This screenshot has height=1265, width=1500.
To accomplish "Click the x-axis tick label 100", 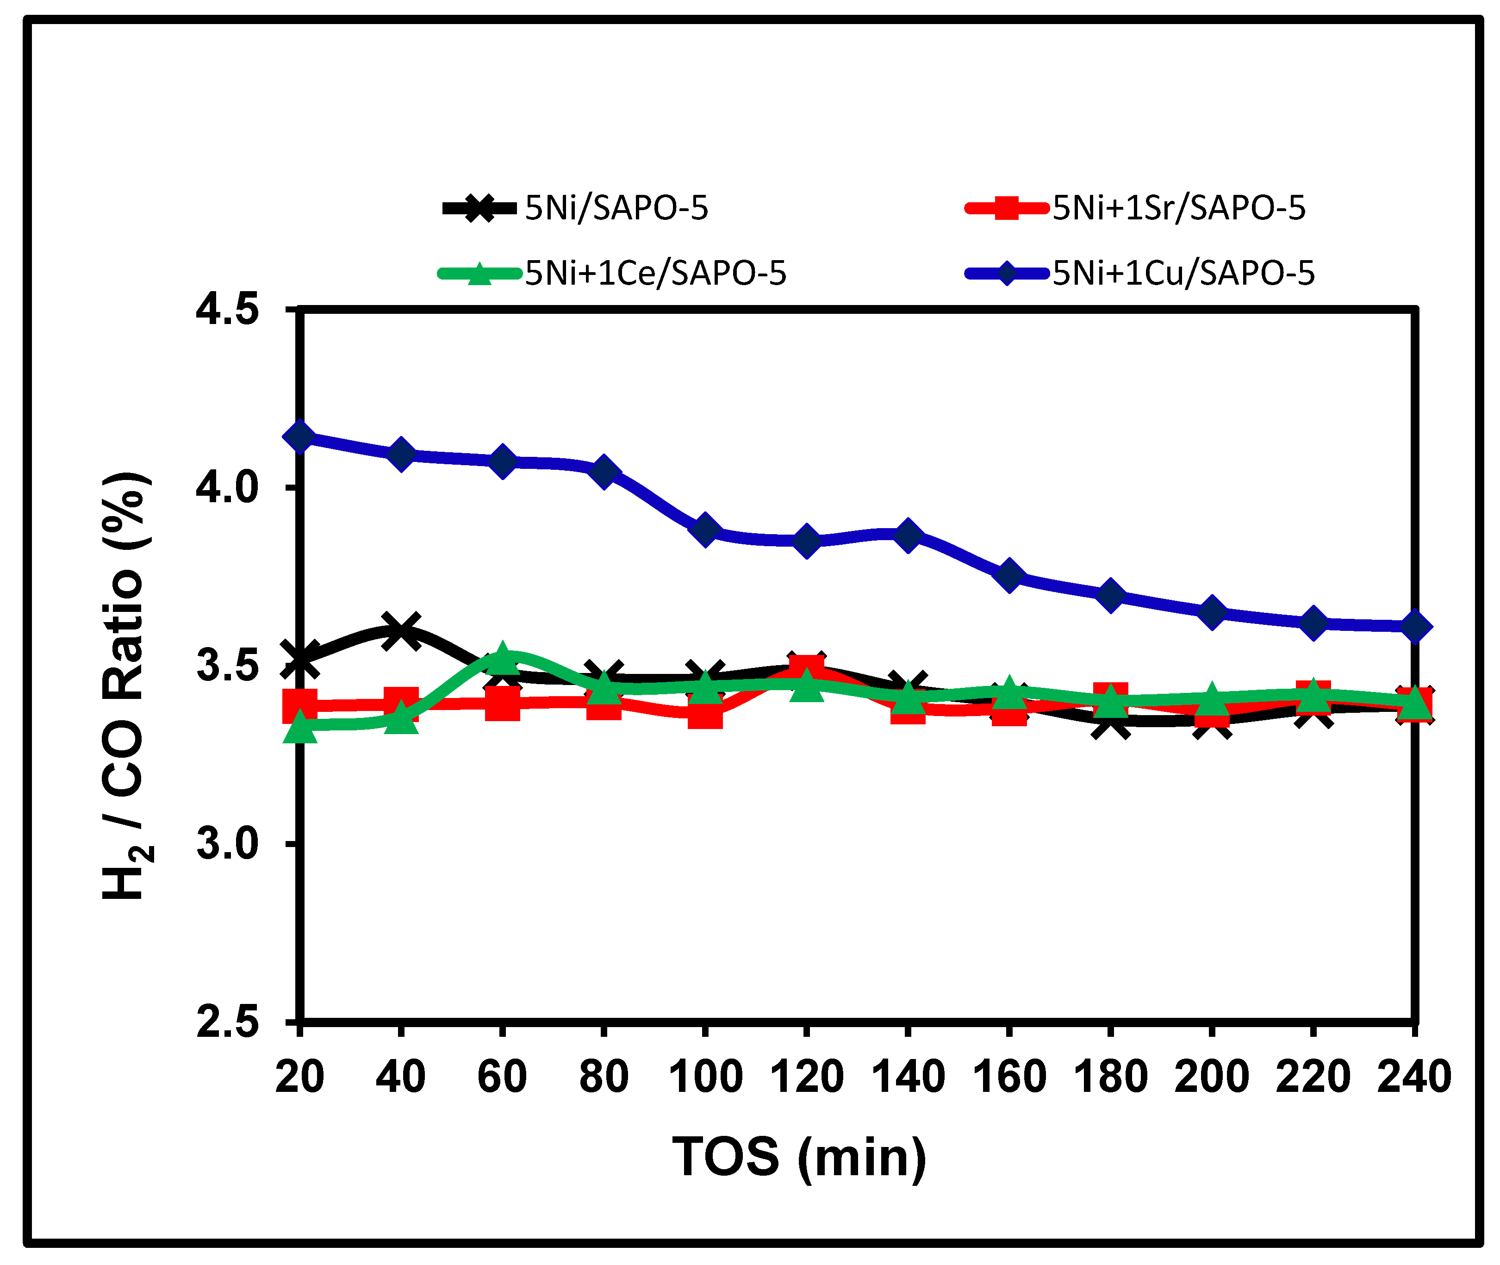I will (x=705, y=1077).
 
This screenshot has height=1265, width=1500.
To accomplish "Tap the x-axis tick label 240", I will (x=1414, y=1077).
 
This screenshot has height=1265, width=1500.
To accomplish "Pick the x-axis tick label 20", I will (x=300, y=1077).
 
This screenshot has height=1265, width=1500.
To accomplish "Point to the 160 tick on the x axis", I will (x=1009, y=1077).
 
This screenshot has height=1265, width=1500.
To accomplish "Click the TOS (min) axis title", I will (x=799, y=1158).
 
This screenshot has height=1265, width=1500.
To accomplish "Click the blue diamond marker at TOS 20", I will (x=300, y=437).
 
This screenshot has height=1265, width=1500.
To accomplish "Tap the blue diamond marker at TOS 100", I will (x=705, y=530).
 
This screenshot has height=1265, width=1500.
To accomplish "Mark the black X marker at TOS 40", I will (x=401, y=631).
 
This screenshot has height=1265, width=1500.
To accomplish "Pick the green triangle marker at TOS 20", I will (x=300, y=729).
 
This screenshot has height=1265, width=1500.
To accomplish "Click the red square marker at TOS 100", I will (x=705, y=711).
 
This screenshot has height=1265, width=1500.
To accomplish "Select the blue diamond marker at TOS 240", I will (x=1414, y=626).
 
